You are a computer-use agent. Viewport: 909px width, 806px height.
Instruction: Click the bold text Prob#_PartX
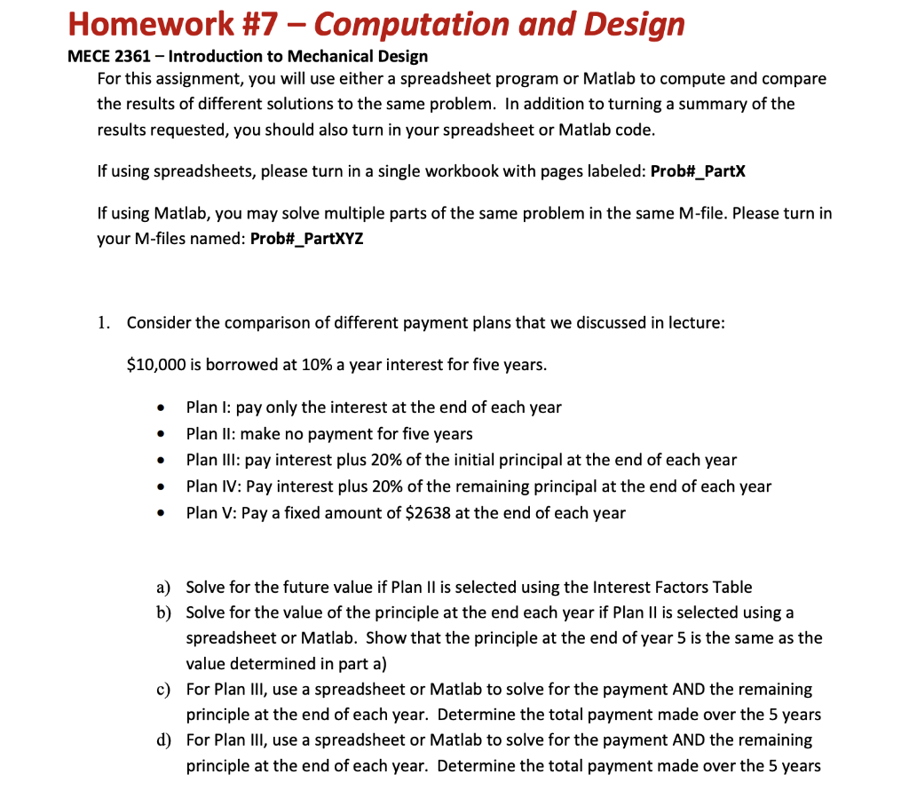point(698,170)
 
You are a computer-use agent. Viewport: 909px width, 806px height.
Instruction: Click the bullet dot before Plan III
point(159,462)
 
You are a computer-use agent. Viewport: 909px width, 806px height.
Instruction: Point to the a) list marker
point(163,588)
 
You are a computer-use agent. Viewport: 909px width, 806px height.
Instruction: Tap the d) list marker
point(163,740)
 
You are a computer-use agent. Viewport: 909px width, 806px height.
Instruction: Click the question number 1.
point(104,322)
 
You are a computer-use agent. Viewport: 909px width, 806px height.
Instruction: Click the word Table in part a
point(732,588)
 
